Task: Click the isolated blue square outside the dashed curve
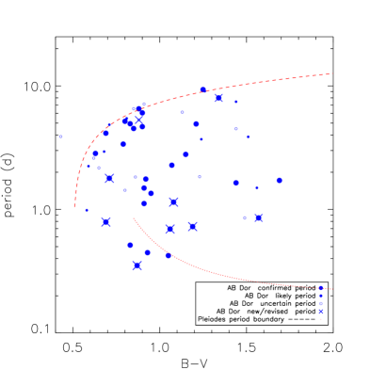click(x=61, y=137)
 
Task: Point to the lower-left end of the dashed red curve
click(x=75, y=206)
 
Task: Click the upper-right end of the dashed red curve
click(x=333, y=73)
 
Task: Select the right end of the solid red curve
click(x=332, y=288)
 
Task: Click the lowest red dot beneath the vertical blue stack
click(x=320, y=319)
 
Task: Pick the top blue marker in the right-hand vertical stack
click(x=320, y=288)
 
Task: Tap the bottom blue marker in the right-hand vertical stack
click(x=320, y=311)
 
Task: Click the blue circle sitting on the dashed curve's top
click(x=203, y=89)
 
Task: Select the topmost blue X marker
click(x=218, y=98)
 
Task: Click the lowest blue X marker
click(x=137, y=265)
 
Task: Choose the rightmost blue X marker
click(x=258, y=217)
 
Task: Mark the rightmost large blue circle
click(x=279, y=180)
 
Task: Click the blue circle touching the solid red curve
click(x=169, y=254)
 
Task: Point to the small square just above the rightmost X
click(x=257, y=187)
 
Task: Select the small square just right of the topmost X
click(x=235, y=102)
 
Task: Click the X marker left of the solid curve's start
click(x=105, y=222)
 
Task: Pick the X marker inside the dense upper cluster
click(x=139, y=115)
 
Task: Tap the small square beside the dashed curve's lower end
click(x=86, y=210)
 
